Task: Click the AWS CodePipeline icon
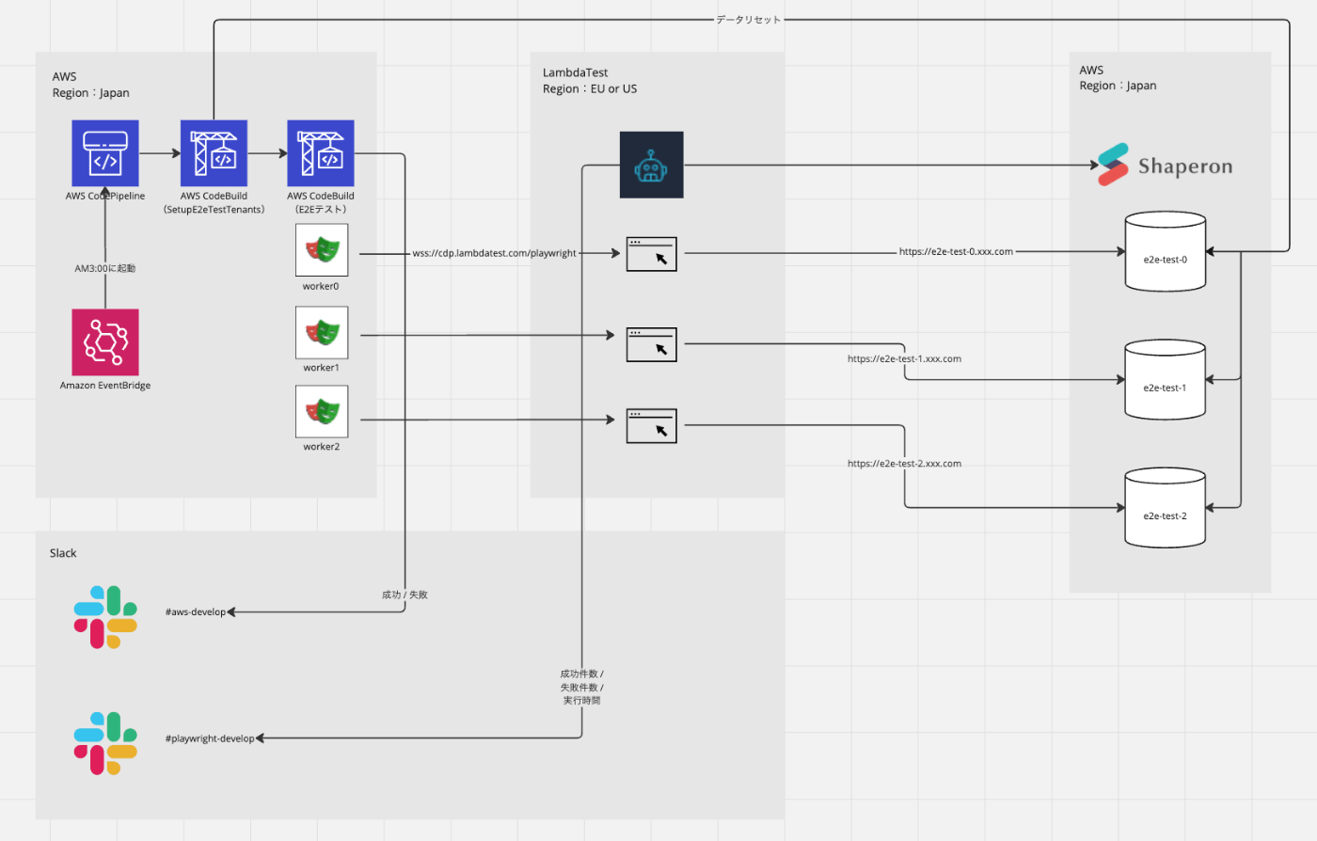click(105, 152)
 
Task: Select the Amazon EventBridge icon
click(105, 342)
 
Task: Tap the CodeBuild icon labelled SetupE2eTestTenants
click(214, 152)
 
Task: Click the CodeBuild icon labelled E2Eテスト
click(321, 152)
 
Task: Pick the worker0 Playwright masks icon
click(322, 250)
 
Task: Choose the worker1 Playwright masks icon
click(322, 332)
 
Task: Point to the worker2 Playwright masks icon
click(322, 412)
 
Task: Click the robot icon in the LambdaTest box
click(651, 166)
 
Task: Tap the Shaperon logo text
click(1184, 167)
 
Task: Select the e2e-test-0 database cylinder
click(1166, 251)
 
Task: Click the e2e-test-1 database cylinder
click(1166, 379)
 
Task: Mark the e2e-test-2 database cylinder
click(1166, 507)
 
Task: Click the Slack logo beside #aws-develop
click(105, 617)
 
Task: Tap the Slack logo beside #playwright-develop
click(105, 743)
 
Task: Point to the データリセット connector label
click(748, 20)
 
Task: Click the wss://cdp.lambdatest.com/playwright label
click(494, 253)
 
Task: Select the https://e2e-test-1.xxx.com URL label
click(904, 359)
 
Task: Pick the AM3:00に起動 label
click(105, 269)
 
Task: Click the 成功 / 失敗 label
click(405, 595)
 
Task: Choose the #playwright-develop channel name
click(210, 739)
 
